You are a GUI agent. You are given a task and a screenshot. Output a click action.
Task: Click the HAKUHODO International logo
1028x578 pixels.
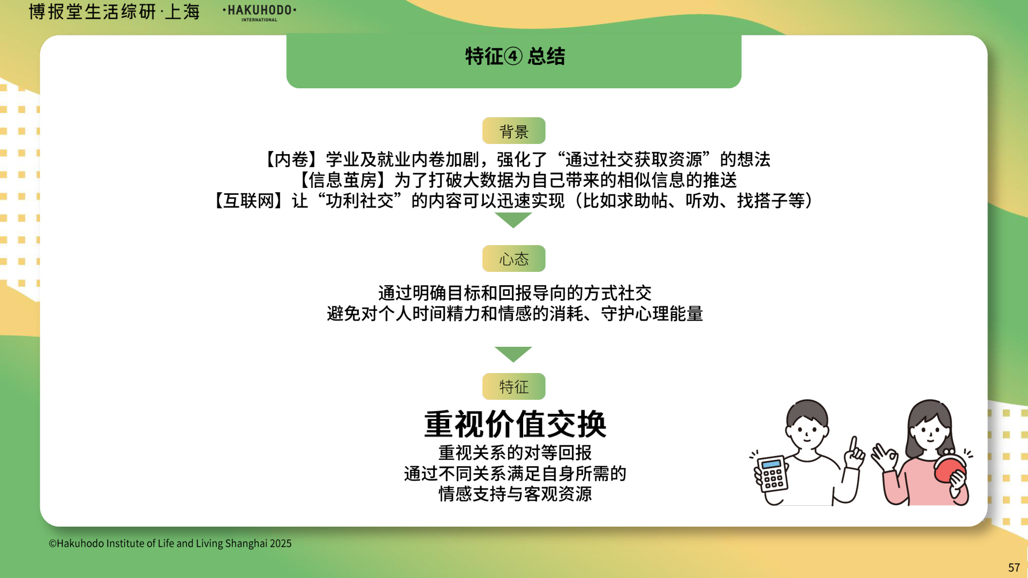259,12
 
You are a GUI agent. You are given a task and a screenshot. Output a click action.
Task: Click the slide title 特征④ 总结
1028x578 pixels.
515,56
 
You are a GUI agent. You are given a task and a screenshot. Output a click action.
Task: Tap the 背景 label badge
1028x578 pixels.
513,131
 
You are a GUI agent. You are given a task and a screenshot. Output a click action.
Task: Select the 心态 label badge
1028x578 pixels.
513,258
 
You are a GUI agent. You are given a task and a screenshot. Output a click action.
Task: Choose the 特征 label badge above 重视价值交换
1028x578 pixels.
513,386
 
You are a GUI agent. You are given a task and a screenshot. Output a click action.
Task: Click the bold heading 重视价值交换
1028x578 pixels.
515,424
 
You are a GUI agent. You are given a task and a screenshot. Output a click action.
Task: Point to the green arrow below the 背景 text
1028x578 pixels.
513,220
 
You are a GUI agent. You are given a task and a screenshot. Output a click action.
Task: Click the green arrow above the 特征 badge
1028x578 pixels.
513,354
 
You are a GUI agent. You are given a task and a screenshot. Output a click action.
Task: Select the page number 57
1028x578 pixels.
1014,567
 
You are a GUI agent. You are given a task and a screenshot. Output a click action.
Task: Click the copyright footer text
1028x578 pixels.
170,543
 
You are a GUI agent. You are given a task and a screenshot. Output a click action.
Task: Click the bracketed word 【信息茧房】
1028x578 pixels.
338,180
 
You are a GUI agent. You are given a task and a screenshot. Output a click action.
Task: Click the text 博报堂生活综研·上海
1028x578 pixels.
114,12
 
